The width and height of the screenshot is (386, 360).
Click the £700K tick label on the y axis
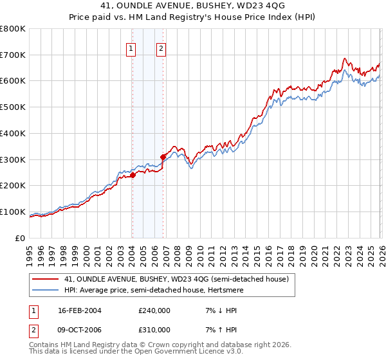(13, 55)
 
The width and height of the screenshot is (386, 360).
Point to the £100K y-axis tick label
(13, 212)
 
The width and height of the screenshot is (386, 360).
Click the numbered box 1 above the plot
(131, 48)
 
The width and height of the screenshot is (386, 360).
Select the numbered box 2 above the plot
(161, 48)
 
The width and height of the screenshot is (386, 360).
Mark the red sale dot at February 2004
(133, 175)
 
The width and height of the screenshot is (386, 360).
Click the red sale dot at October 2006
(163, 156)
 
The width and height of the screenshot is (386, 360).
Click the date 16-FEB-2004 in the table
(80, 310)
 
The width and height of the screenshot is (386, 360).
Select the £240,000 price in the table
(154, 310)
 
